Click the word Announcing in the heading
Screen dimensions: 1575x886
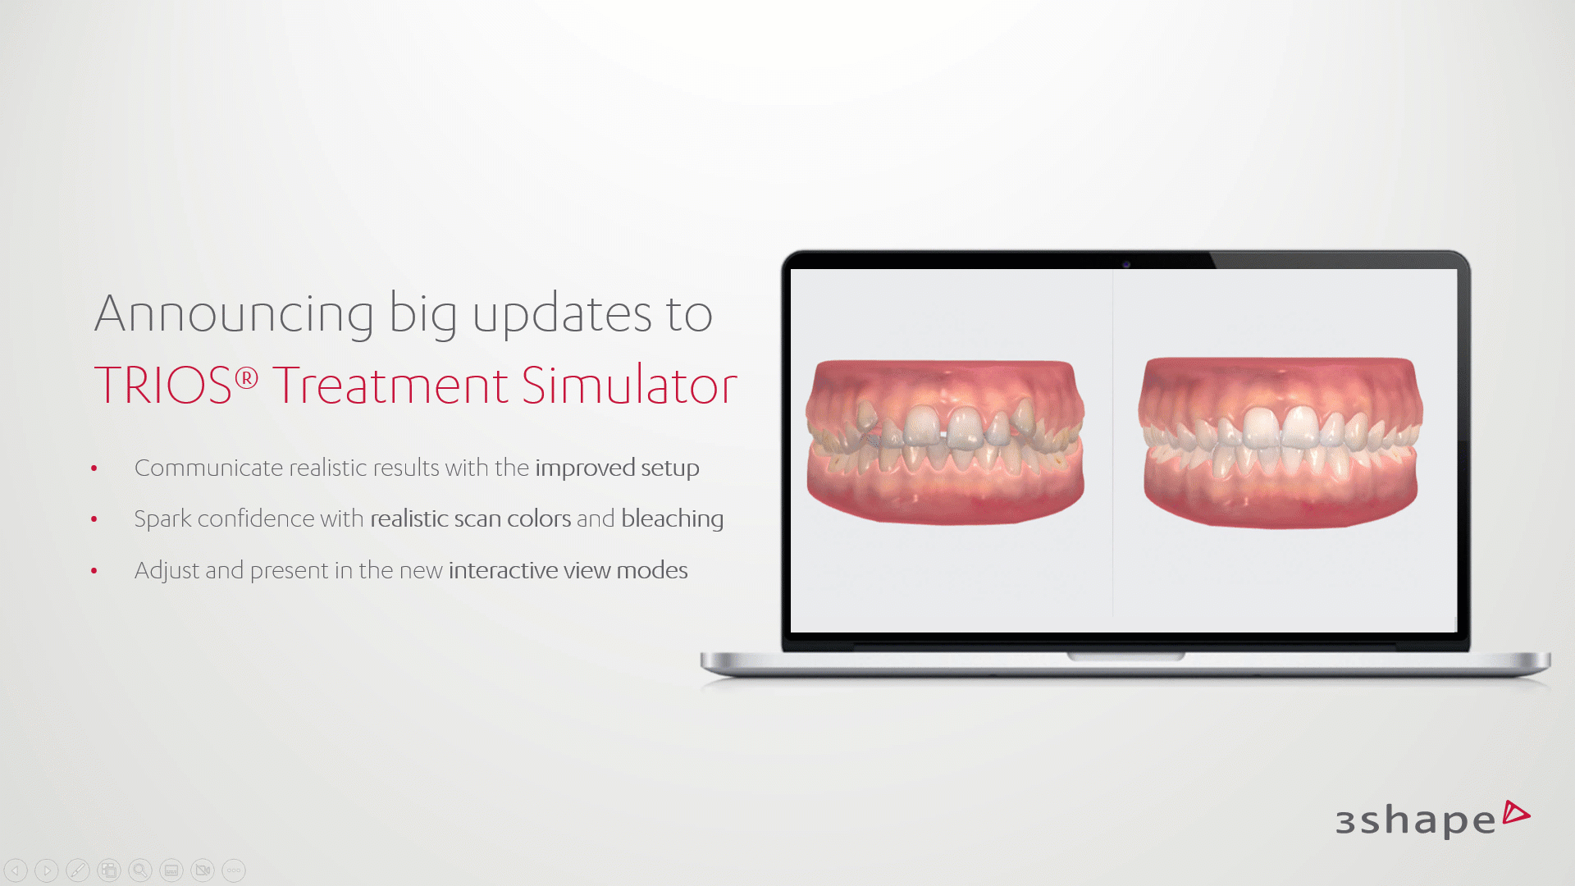point(235,315)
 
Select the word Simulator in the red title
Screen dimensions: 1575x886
point(629,385)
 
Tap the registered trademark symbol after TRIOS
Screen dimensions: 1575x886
point(246,378)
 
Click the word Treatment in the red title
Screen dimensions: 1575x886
point(390,386)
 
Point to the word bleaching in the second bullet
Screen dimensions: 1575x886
point(673,519)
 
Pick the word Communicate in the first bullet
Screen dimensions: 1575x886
point(209,468)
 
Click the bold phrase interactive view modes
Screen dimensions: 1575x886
point(568,570)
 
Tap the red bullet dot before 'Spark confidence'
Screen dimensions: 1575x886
point(94,519)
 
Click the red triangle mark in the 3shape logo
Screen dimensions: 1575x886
point(1515,813)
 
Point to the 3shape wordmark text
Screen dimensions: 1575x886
point(1416,820)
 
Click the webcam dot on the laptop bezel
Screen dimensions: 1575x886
point(1126,264)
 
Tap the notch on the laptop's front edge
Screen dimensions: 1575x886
point(1125,656)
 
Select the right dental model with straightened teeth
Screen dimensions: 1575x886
point(1281,442)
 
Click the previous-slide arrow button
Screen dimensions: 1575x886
point(16,870)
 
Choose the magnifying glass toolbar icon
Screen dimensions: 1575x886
point(140,870)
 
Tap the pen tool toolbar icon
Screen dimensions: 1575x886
point(78,870)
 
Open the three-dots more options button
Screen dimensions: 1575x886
point(234,870)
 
